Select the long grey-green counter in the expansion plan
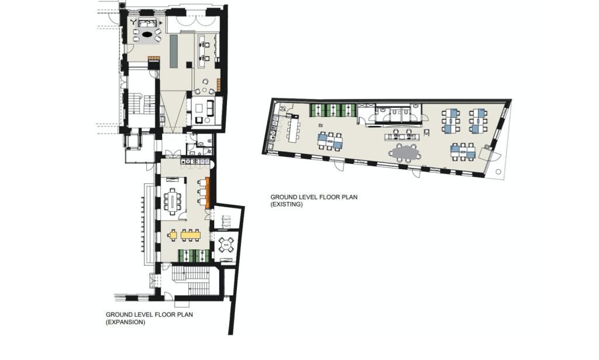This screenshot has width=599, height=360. click(174, 50)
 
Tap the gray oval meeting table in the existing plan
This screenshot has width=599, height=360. click(405, 153)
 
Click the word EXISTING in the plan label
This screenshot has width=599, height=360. click(286, 204)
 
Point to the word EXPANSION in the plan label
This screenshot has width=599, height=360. click(125, 322)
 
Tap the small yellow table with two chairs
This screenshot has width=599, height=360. click(173, 235)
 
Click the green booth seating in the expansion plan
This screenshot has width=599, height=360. click(194, 255)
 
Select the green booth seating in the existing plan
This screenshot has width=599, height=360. click(333, 109)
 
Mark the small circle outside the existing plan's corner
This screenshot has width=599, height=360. click(497, 172)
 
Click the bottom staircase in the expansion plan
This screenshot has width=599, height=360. click(195, 282)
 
